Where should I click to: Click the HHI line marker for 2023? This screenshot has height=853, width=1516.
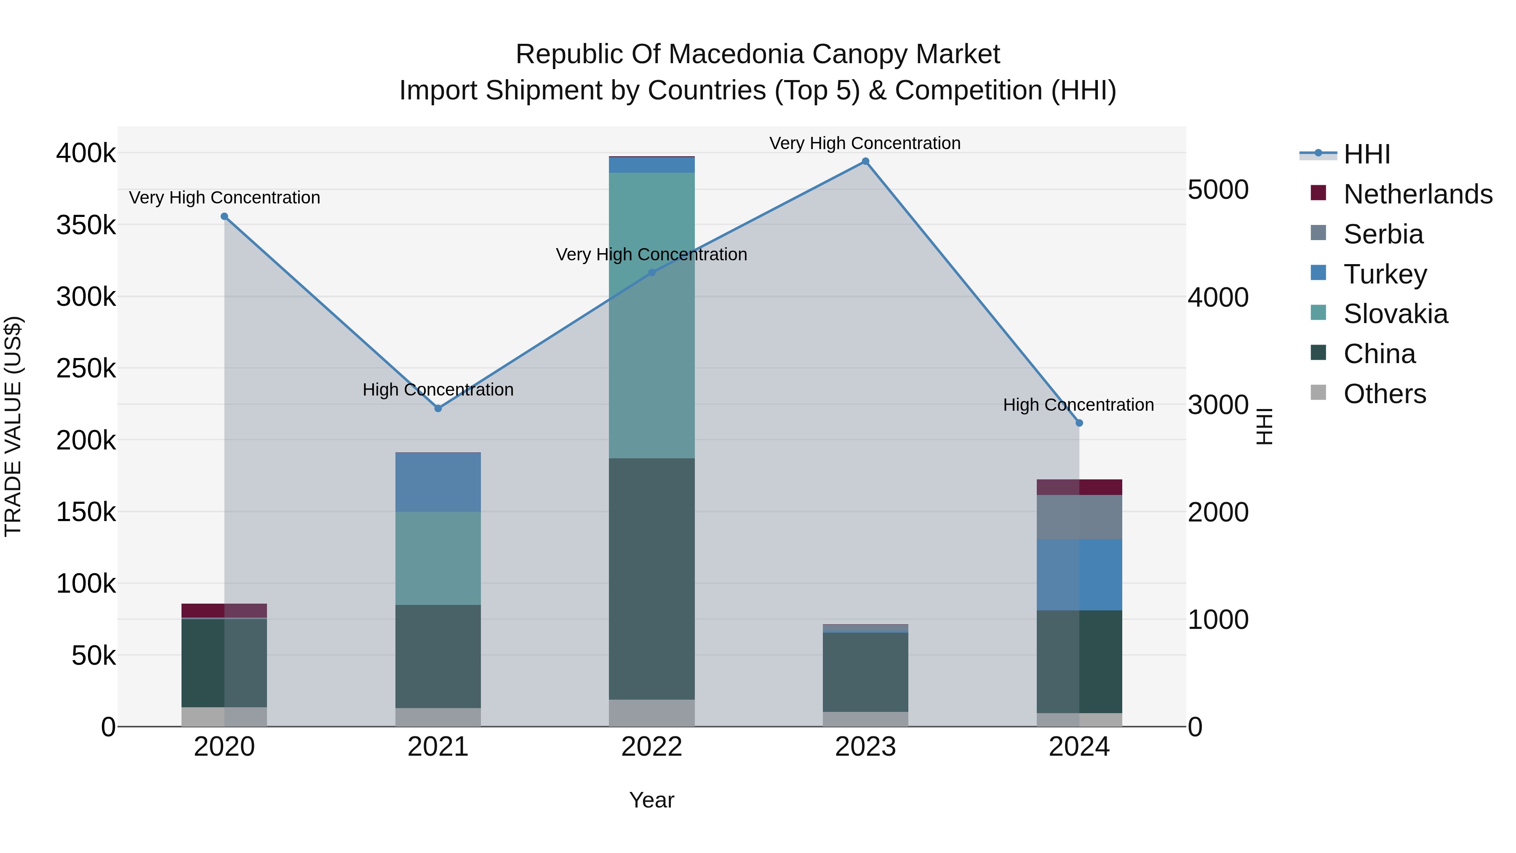(865, 161)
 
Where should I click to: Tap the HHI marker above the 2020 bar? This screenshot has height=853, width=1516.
(224, 217)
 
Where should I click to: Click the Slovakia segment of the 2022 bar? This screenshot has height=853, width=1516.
(651, 315)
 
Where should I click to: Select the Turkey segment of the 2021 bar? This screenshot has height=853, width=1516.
(438, 482)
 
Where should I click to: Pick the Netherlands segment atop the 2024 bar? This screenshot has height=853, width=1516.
(1079, 487)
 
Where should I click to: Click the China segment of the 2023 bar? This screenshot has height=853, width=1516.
(865, 672)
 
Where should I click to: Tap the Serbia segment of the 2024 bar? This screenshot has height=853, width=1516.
(1079, 517)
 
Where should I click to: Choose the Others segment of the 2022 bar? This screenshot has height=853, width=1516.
(651, 713)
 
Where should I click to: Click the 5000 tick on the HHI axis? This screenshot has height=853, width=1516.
(1217, 190)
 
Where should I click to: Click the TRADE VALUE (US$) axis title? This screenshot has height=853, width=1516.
(13, 426)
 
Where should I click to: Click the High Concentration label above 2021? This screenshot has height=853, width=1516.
(438, 390)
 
